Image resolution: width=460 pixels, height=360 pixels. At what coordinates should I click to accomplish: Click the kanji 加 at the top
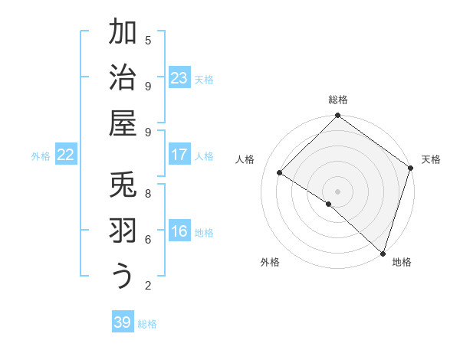(123, 32)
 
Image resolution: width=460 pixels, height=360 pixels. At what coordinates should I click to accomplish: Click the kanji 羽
(123, 231)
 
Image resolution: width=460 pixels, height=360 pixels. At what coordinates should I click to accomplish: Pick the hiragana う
(123, 277)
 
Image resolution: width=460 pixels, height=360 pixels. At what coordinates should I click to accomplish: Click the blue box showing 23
(179, 78)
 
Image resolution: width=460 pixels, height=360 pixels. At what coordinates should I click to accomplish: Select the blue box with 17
(179, 155)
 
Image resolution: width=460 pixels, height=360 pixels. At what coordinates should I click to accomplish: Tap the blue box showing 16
(179, 231)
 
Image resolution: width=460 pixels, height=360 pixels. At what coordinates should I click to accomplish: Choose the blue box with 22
(66, 155)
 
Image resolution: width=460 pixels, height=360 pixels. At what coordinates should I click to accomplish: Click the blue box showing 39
(123, 322)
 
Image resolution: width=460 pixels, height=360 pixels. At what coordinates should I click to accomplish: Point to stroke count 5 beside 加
(148, 40)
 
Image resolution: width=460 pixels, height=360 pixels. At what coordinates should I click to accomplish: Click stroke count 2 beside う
(148, 286)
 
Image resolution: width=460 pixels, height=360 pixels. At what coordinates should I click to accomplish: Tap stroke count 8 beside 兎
(148, 193)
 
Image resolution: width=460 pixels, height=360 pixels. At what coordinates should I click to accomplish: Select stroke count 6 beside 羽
(148, 239)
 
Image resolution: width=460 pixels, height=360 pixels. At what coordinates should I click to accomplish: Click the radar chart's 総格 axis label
(338, 100)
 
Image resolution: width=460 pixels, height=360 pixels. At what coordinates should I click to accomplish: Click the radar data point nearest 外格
(328, 205)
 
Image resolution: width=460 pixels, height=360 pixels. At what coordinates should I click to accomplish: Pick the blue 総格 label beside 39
(147, 324)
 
